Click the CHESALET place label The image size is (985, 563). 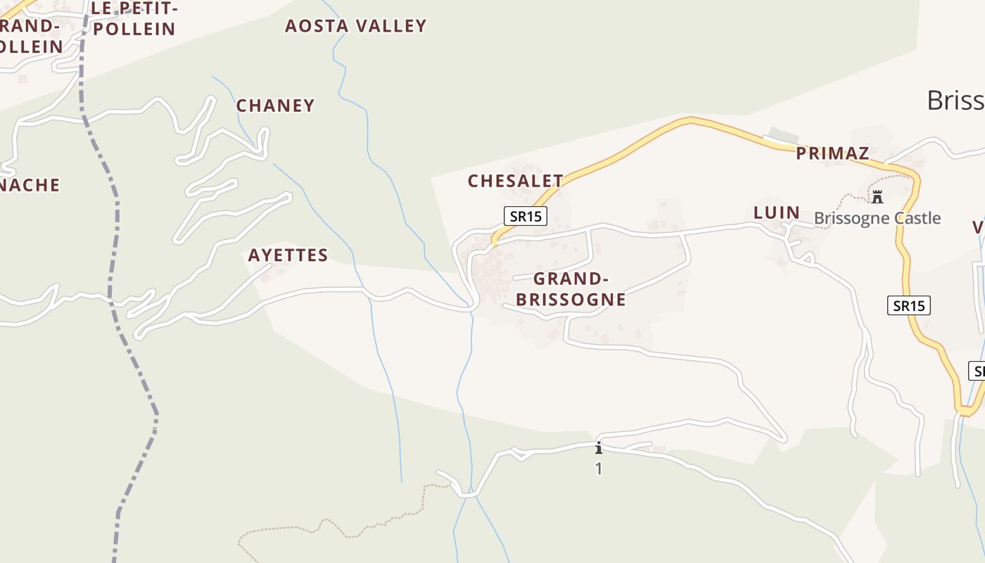[x=515, y=181]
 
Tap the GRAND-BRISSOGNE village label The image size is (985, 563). [x=571, y=289]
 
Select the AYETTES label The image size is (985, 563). [x=288, y=255]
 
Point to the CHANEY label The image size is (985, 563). [x=275, y=106]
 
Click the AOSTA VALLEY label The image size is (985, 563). [x=355, y=26]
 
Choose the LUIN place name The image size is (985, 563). [x=776, y=213]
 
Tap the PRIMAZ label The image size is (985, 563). [x=832, y=153]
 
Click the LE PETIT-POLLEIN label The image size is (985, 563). [x=134, y=19]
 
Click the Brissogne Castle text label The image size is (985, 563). [x=877, y=218]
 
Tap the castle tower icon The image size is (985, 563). [x=877, y=196]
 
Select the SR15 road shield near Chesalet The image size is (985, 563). [x=526, y=216]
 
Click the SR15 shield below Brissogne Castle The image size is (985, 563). [x=908, y=305]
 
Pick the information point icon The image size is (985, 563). [x=599, y=448]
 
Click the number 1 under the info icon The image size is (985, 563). [x=599, y=469]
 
